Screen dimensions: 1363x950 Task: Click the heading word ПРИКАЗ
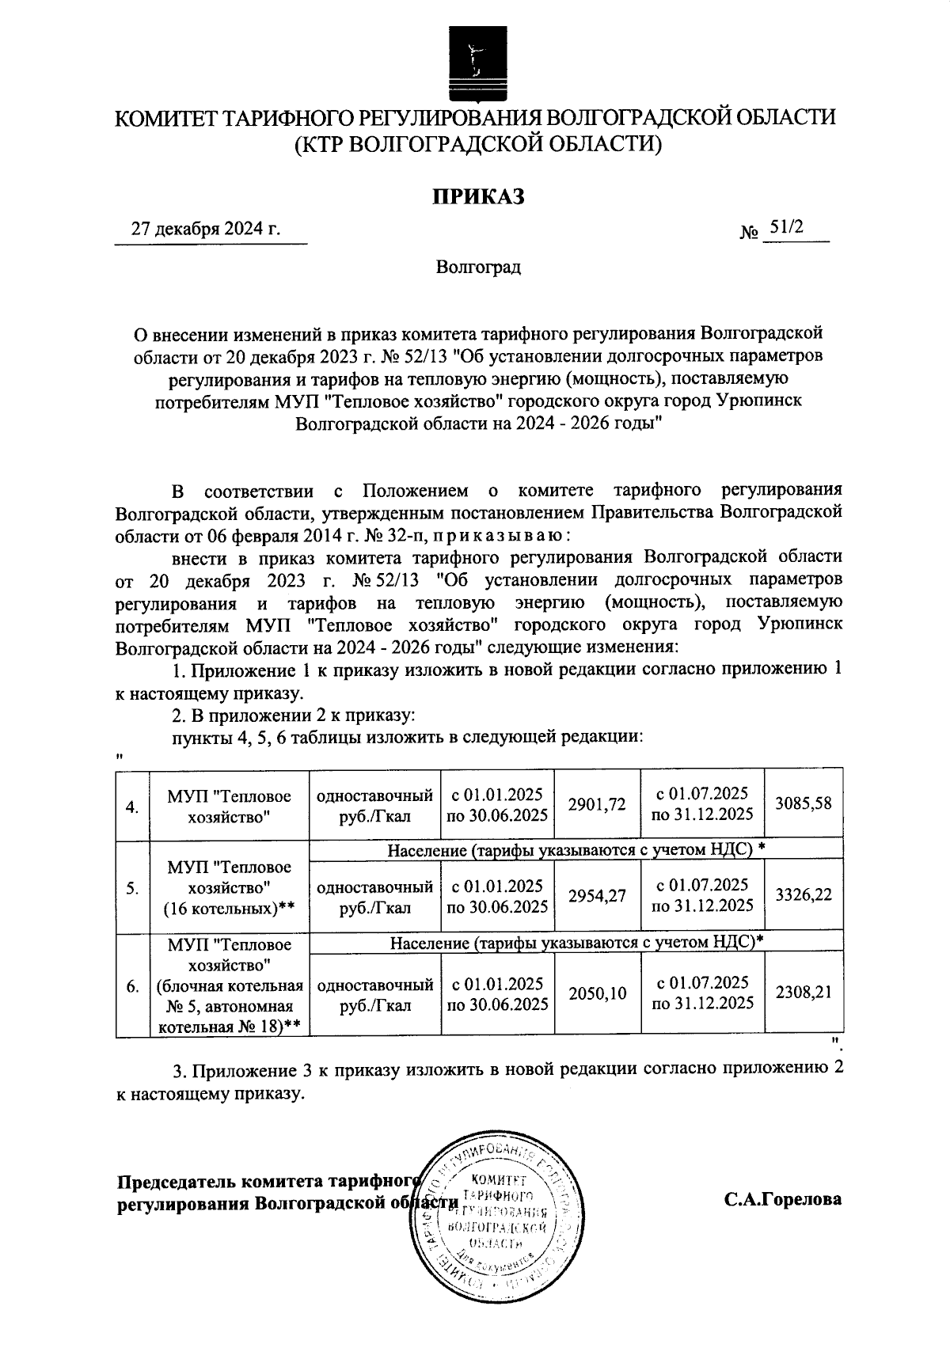click(477, 197)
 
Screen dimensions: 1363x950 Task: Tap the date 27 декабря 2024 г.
click(206, 230)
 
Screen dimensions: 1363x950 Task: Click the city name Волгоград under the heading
click(478, 267)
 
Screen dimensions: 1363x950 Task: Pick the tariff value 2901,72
click(597, 804)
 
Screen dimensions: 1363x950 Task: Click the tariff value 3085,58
click(804, 803)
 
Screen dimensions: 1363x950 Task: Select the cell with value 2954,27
click(597, 895)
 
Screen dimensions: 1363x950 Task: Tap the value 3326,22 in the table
click(804, 895)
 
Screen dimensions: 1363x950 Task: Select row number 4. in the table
click(133, 807)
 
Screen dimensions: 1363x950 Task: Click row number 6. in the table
click(133, 987)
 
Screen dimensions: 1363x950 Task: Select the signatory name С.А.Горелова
click(782, 1199)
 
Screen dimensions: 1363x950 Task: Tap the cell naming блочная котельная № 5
click(229, 986)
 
